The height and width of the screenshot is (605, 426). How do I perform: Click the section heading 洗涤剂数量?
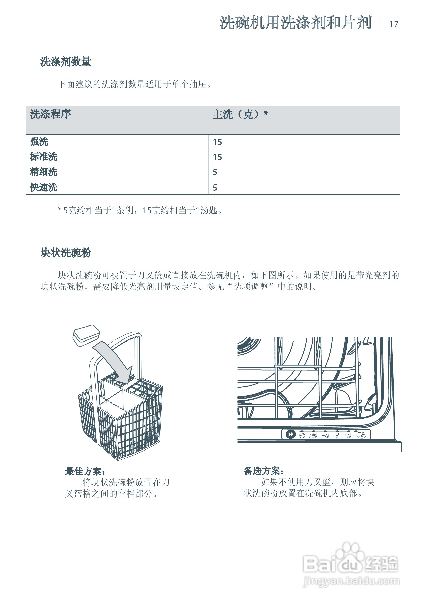coord(65,62)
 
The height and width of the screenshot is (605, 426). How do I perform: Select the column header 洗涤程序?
coord(50,114)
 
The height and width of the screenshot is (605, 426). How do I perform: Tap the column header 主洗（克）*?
coord(240,114)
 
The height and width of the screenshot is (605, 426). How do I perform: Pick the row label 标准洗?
coord(44,157)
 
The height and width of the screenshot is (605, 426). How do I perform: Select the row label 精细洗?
coord(44,172)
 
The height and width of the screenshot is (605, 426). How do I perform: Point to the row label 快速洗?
coord(44,187)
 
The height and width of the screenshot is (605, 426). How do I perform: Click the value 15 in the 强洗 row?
coord(217,142)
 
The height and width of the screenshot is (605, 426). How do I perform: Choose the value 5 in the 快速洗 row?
coord(215,188)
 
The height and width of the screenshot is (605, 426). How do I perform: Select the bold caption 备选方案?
coord(263,471)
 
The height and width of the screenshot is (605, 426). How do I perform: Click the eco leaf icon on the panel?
coord(361,434)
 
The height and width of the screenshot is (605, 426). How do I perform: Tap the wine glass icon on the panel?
coord(337,435)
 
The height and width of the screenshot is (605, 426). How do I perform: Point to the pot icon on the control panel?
coord(302,435)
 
